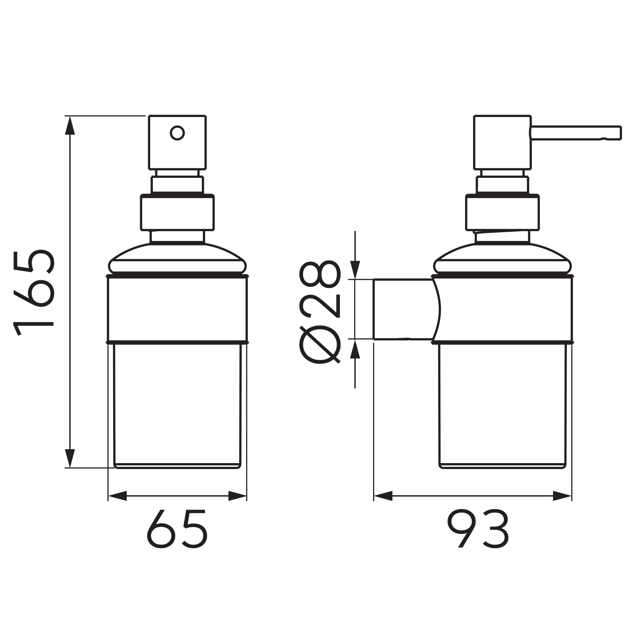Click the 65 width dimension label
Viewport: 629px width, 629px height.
[177, 529]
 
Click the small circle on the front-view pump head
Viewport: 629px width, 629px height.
[177, 133]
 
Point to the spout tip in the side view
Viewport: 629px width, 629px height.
[617, 133]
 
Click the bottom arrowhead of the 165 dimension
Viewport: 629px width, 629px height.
[70, 458]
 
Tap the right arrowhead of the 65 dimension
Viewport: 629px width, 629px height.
[237, 496]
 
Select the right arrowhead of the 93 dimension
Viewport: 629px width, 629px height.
[562, 496]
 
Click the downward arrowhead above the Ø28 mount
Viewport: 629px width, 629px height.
[355, 269]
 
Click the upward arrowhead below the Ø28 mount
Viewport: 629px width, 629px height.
[355, 349]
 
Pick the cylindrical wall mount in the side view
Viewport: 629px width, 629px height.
[404, 309]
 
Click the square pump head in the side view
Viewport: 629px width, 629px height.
[502, 142]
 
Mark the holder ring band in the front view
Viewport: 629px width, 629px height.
[177, 309]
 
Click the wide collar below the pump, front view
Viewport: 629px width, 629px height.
[177, 213]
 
